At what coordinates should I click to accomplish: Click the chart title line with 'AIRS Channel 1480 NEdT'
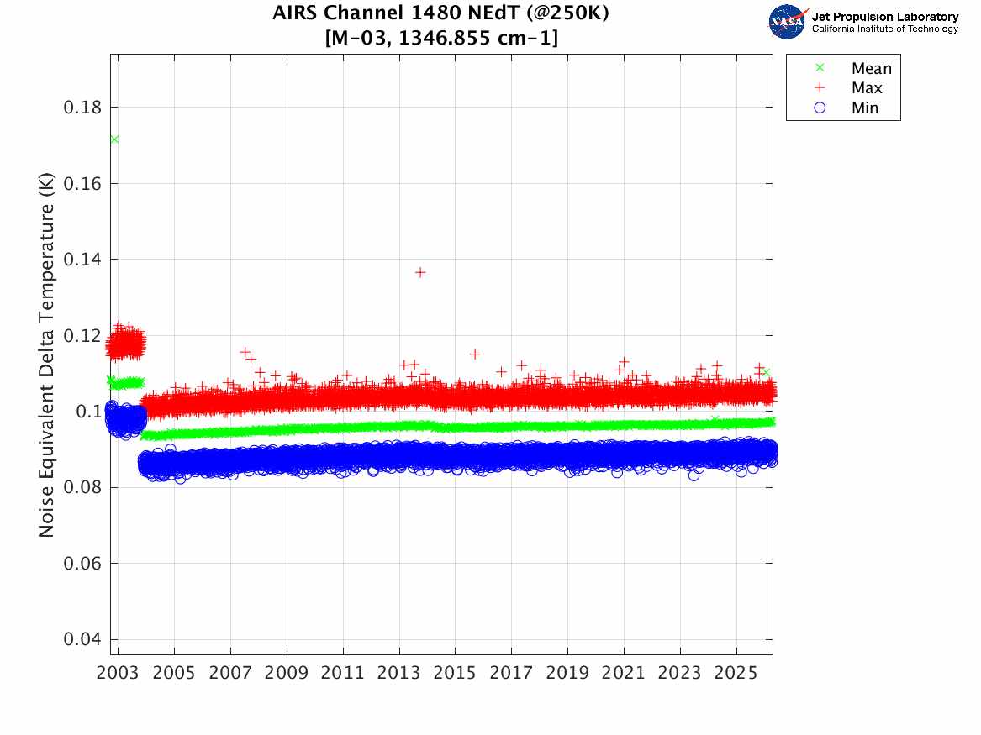(440, 14)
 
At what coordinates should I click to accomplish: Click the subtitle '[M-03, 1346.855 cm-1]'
(440, 38)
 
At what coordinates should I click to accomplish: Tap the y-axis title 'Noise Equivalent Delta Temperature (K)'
(47, 354)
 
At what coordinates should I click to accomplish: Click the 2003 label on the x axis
(118, 674)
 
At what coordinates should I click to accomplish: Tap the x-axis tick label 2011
(343, 674)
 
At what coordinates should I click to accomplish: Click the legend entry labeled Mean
(871, 69)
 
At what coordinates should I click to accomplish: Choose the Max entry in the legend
(867, 88)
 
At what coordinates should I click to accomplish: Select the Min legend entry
(865, 108)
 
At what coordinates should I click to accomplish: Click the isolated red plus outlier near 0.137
(420, 272)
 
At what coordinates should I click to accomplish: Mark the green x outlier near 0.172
(114, 139)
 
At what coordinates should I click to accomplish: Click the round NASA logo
(786, 22)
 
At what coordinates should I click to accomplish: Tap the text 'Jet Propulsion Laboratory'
(884, 17)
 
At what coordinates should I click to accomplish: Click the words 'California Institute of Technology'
(884, 29)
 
